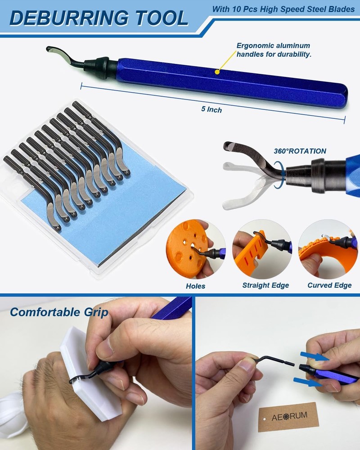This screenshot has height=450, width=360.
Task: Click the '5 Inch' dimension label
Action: click(211, 109)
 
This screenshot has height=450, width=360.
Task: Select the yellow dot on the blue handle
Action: click(217, 71)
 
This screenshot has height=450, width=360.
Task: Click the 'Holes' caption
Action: click(195, 286)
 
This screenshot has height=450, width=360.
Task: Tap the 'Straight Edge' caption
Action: click(265, 285)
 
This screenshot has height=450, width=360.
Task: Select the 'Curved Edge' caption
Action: click(329, 285)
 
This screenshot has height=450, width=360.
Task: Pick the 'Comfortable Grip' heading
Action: click(59, 312)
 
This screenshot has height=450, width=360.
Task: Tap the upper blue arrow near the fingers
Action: click(312, 356)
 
